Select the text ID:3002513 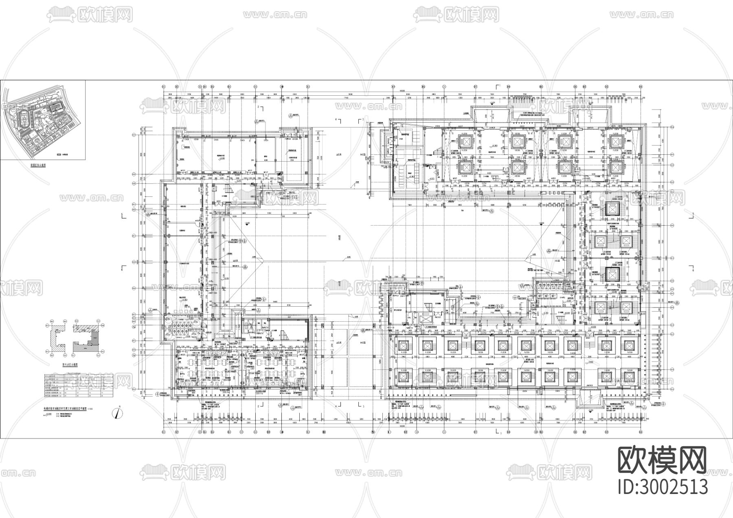click(663, 487)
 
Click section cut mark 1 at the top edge click(498, 86)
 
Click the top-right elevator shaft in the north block click(614, 142)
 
